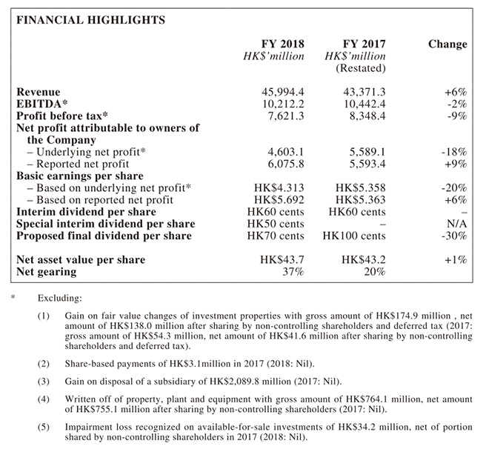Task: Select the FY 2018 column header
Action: pos(284,44)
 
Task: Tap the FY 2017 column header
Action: pos(364,44)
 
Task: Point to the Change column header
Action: pos(447,44)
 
